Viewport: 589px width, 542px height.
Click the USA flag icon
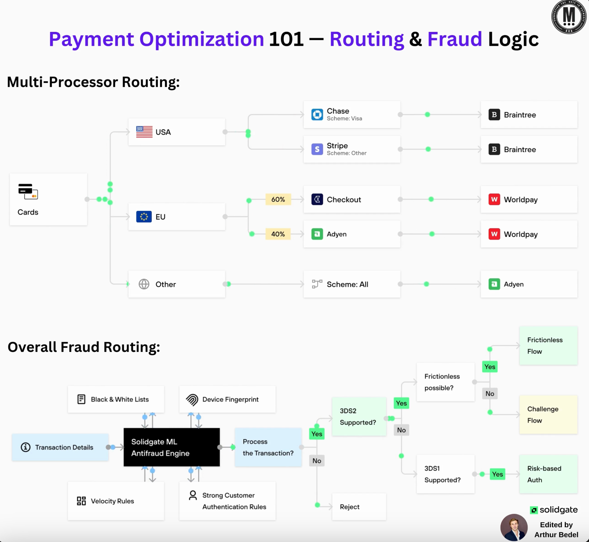click(144, 132)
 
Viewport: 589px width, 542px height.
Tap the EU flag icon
click(144, 217)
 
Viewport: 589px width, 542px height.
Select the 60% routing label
click(278, 199)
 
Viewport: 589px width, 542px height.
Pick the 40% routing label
click(278, 234)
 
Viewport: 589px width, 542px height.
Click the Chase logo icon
click(317, 115)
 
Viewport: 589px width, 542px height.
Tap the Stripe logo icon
click(317, 149)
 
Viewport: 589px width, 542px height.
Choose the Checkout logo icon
click(317, 199)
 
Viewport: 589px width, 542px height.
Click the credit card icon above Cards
click(28, 191)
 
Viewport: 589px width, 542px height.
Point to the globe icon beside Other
click(144, 284)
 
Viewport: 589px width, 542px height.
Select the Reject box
click(359, 507)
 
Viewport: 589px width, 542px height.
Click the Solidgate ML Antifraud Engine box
click(172, 447)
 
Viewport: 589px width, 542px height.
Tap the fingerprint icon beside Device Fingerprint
click(192, 400)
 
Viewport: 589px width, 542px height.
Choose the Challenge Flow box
click(548, 414)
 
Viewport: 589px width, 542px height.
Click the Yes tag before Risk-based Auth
click(497, 474)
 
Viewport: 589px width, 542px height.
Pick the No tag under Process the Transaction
click(317, 461)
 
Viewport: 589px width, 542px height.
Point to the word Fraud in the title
click(455, 39)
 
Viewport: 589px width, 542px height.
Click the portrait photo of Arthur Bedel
click(514, 527)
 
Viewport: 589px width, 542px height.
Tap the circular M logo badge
click(569, 16)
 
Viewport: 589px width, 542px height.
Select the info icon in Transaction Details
click(26, 447)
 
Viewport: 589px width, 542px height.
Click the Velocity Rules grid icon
click(81, 501)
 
